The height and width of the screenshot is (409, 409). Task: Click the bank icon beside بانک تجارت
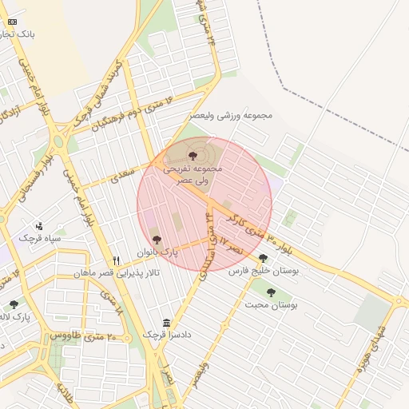(11, 22)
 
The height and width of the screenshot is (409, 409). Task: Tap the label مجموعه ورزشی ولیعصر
(231, 116)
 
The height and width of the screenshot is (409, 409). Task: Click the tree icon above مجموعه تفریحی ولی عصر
(194, 155)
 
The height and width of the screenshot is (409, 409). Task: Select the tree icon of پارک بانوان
(156, 239)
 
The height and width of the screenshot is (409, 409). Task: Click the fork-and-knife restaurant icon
(117, 260)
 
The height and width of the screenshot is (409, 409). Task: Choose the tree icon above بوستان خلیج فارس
(263, 258)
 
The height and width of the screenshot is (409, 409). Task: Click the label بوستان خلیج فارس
(263, 272)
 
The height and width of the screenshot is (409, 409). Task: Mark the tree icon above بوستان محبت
(271, 292)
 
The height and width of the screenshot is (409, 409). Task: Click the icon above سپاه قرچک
(40, 226)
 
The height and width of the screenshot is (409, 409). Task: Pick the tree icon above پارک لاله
(14, 304)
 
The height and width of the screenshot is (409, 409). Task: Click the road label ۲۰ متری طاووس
(84, 336)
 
